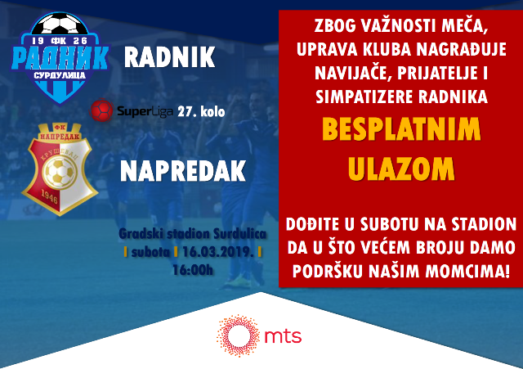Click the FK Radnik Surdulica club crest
pyautogui.click(x=60, y=57)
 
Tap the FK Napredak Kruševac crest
pyautogui.click(x=60, y=169)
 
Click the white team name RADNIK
pyautogui.click(x=169, y=57)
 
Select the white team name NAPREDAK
pyautogui.click(x=183, y=171)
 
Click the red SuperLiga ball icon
pyautogui.click(x=101, y=110)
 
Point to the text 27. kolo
pyautogui.click(x=201, y=111)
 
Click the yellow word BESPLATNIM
pyautogui.click(x=401, y=129)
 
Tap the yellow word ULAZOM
pyautogui.click(x=401, y=169)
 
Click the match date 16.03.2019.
pyautogui.click(x=218, y=252)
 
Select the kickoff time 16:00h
pyautogui.click(x=193, y=270)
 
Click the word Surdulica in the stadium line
pyautogui.click(x=239, y=234)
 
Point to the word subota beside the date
pyautogui.click(x=150, y=252)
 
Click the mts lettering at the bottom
pyautogui.click(x=283, y=336)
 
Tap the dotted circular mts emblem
pyautogui.click(x=238, y=335)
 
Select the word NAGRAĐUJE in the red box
pyautogui.click(x=461, y=49)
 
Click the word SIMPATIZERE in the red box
pyautogui.click(x=364, y=97)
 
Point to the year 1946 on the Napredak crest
pyautogui.click(x=49, y=197)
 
